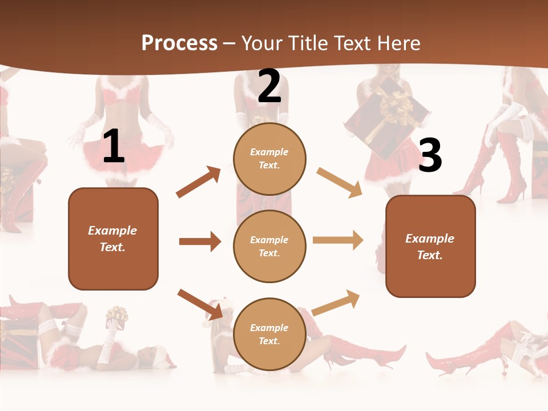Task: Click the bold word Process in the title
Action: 179,43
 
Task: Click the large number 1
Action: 114,147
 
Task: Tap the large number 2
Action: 269,86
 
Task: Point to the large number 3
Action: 430,155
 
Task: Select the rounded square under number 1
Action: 113,239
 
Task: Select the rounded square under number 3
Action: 430,246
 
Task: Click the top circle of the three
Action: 269,159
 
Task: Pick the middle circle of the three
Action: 269,246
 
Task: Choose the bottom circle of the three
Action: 269,334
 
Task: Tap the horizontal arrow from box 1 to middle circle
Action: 200,241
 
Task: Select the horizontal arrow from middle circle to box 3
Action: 338,240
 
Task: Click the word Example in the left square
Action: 112,231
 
